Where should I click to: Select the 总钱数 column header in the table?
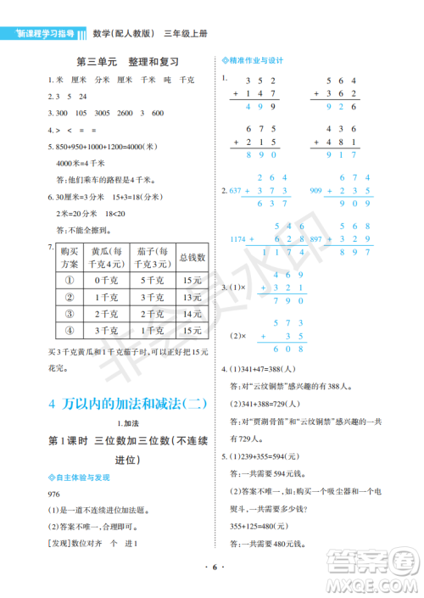191,254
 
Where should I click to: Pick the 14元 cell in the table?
191,313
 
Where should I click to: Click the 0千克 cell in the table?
108,279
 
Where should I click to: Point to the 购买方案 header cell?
70,254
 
